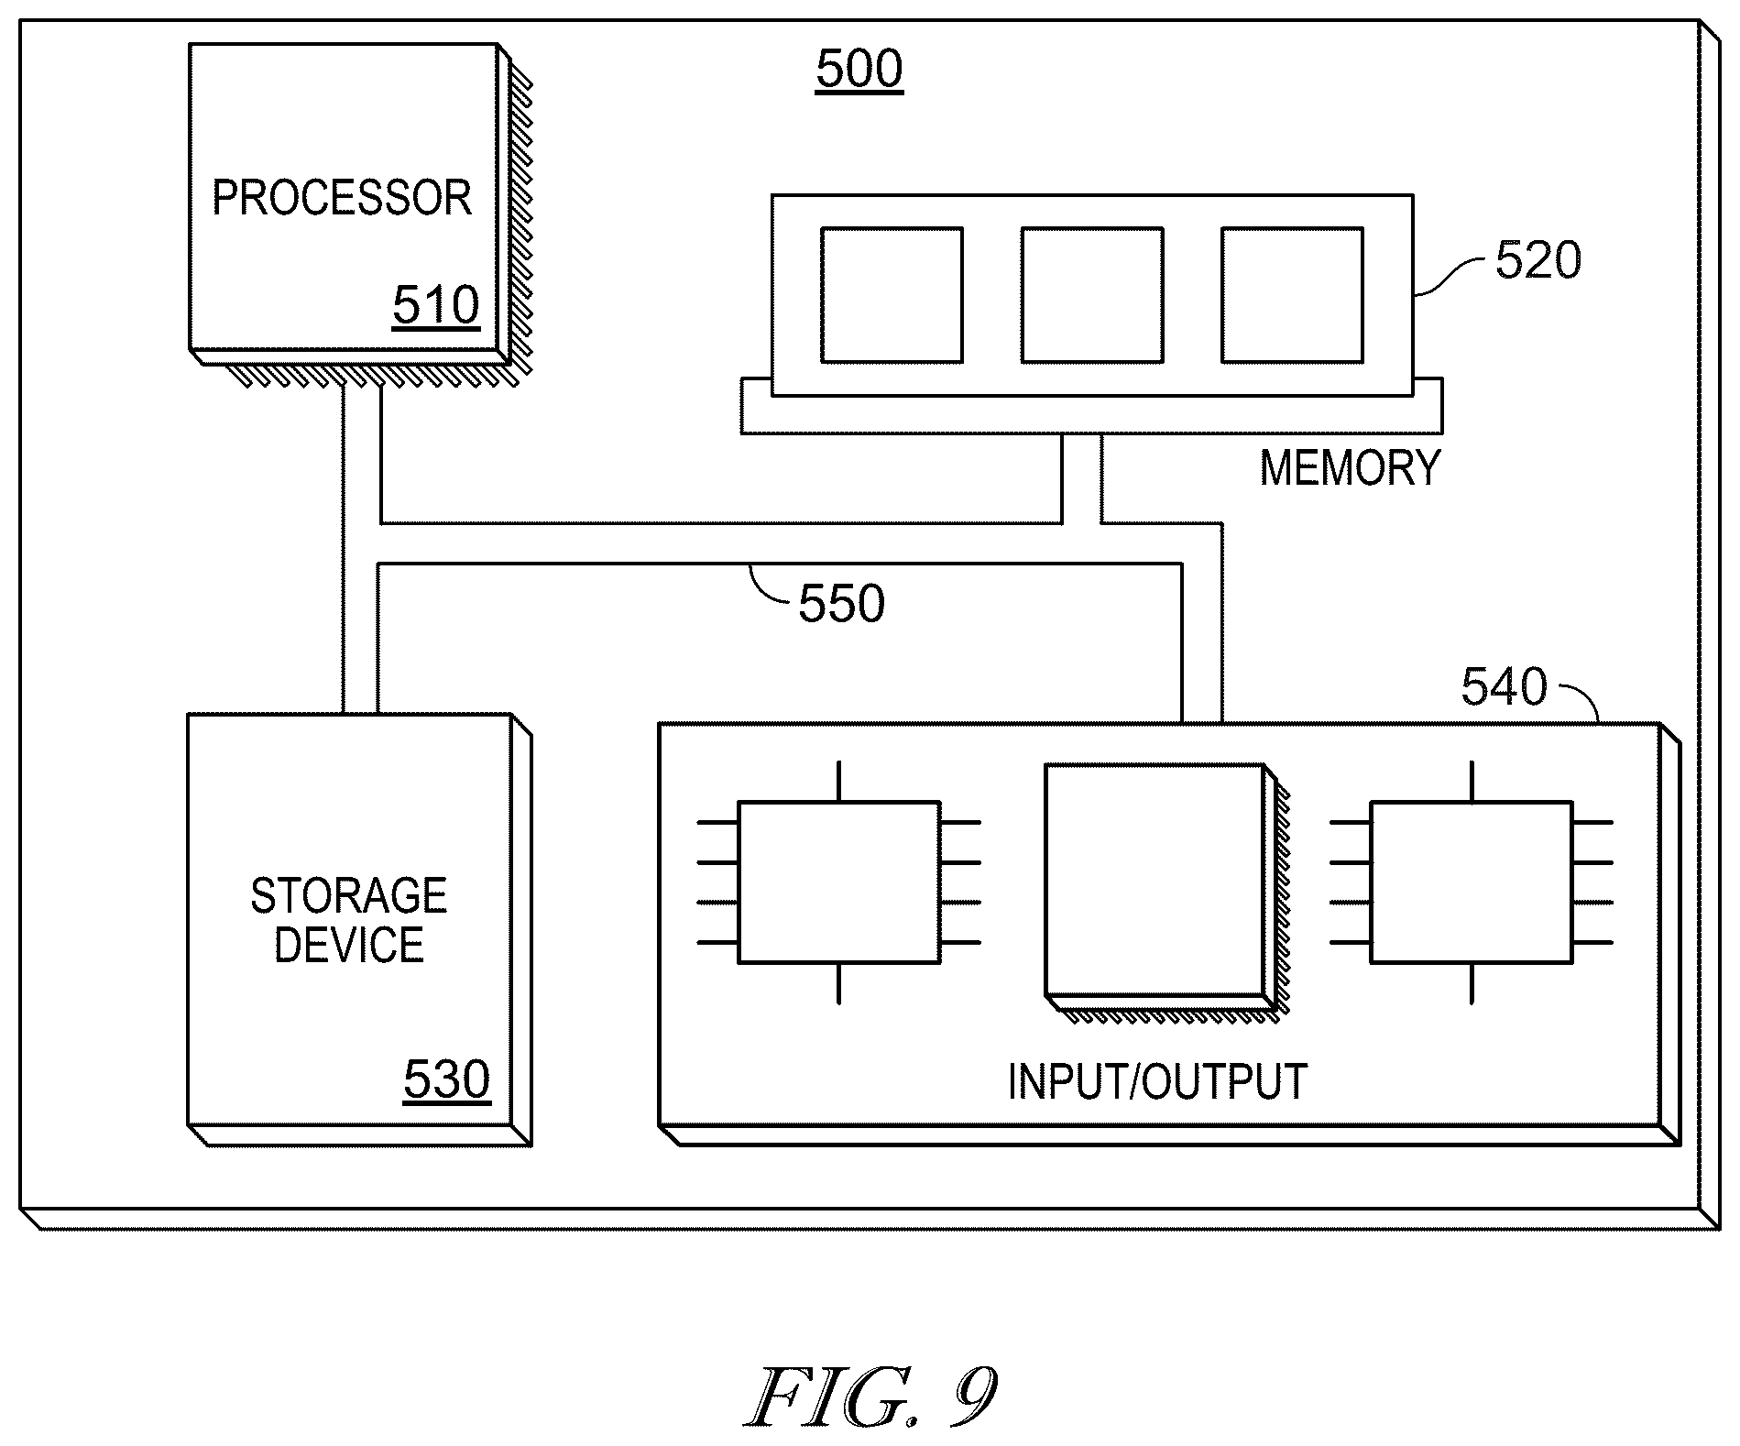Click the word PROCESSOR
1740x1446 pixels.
click(342, 198)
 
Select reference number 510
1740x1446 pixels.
click(436, 305)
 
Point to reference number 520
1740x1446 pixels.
click(1538, 261)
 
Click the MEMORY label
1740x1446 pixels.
click(1350, 467)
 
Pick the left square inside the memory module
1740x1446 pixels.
click(892, 295)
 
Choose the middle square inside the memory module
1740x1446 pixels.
click(1092, 295)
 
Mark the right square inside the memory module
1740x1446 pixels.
click(1292, 295)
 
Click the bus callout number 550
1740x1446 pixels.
click(841, 604)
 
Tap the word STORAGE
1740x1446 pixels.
click(349, 895)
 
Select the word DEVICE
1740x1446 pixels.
click(349, 945)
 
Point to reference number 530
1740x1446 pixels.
click(447, 1079)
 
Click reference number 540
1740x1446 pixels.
click(1504, 687)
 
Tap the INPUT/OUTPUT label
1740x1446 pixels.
click(1157, 1081)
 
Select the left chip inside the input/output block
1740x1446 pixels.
click(838, 882)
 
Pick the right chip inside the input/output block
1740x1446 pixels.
click(1472, 882)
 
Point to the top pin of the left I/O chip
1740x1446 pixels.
click(838, 782)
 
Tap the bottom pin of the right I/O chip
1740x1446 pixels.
click(1472, 984)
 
